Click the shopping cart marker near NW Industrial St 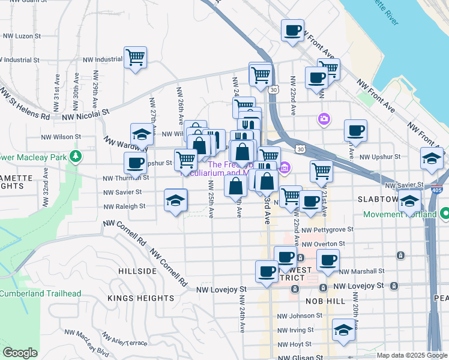[x=136, y=58]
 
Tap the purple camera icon [x=325, y=119]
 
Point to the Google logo [x=20, y=353]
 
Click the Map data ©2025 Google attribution [x=411, y=355]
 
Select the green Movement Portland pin [x=445, y=214]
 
